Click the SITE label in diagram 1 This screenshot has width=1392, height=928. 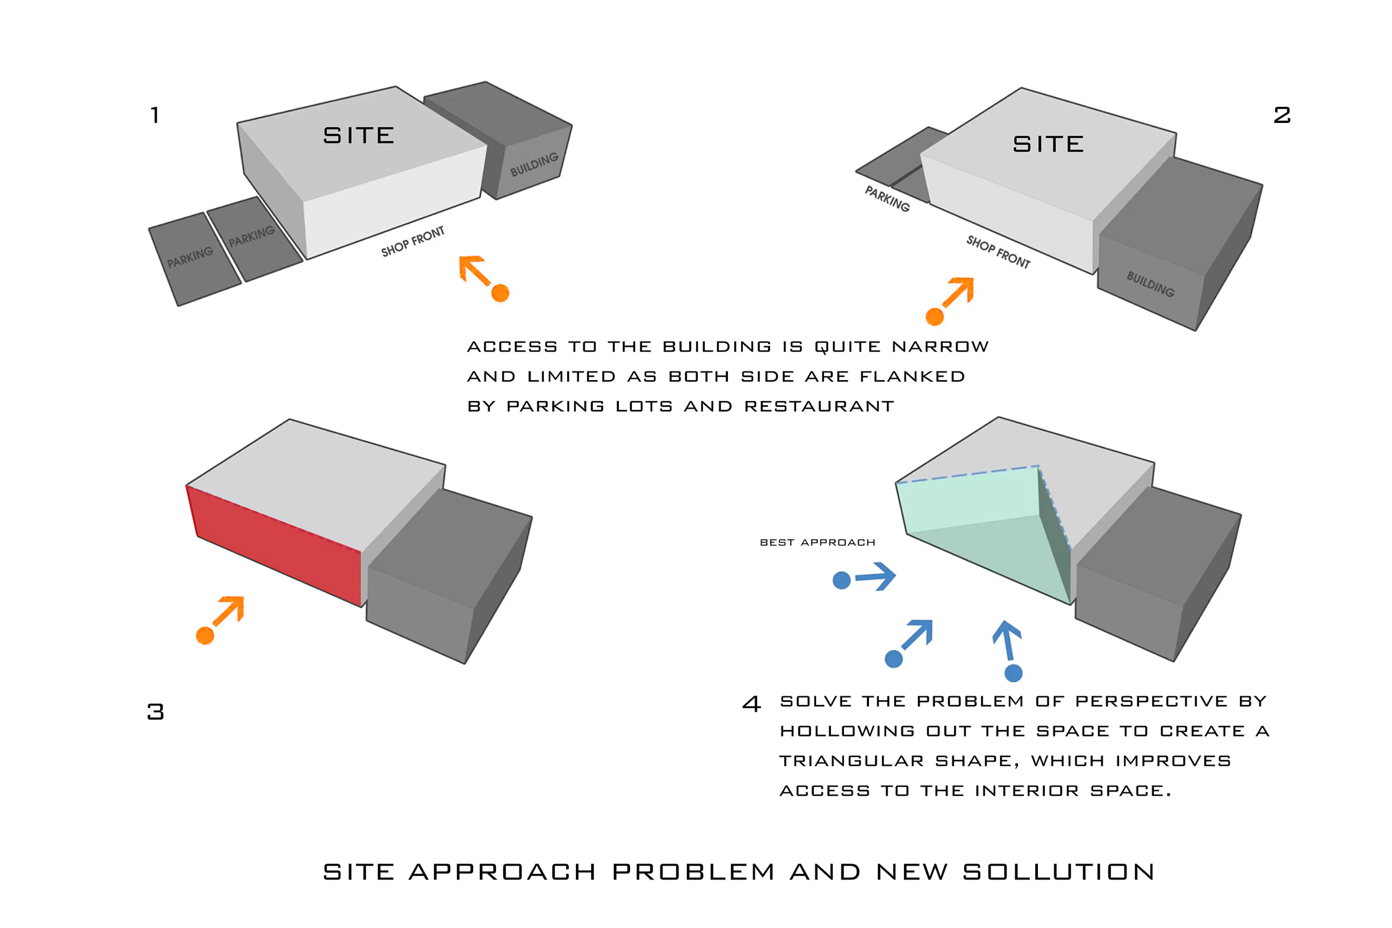click(x=359, y=136)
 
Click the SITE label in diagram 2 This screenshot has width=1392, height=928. click(x=1048, y=144)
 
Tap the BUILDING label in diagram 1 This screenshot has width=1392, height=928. click(x=534, y=164)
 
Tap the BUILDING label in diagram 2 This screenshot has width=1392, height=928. click(x=1150, y=284)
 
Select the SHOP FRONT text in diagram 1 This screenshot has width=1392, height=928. click(x=413, y=241)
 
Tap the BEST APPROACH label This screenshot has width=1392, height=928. click(x=817, y=543)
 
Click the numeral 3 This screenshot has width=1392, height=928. click(x=156, y=711)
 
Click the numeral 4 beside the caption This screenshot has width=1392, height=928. click(x=751, y=704)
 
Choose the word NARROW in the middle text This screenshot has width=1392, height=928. click(x=940, y=347)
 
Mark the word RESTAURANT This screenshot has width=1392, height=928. click(x=819, y=407)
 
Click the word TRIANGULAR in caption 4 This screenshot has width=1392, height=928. click(x=852, y=761)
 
